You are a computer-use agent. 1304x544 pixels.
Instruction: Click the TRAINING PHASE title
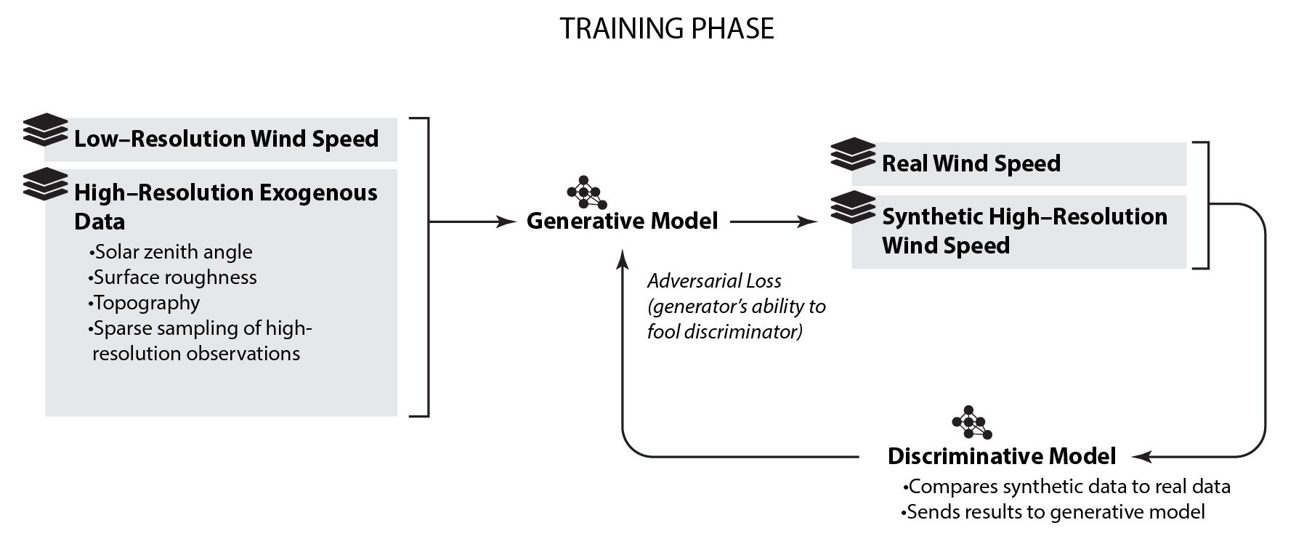click(x=666, y=29)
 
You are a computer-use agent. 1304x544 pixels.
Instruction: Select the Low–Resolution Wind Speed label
click(x=226, y=139)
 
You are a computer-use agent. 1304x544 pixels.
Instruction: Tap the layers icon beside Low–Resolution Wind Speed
click(x=45, y=130)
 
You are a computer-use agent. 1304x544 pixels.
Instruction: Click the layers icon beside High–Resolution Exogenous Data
click(x=45, y=184)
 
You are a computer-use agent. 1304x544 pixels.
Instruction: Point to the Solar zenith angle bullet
click(x=171, y=252)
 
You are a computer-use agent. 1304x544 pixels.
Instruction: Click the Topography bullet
click(x=145, y=303)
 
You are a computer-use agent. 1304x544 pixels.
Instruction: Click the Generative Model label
click(x=622, y=221)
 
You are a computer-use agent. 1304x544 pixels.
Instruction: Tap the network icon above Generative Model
click(x=586, y=192)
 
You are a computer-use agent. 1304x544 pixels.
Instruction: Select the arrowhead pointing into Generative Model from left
click(x=506, y=222)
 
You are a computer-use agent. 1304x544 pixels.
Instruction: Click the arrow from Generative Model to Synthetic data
click(x=774, y=222)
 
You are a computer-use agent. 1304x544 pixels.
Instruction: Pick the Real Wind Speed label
click(x=971, y=163)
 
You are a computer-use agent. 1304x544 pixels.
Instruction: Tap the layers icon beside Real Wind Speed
click(x=853, y=154)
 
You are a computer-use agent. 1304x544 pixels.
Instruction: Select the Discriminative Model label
click(x=1001, y=456)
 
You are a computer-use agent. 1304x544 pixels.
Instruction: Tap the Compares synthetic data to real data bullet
click(x=1066, y=487)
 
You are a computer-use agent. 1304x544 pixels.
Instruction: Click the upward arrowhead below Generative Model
click(x=623, y=259)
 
